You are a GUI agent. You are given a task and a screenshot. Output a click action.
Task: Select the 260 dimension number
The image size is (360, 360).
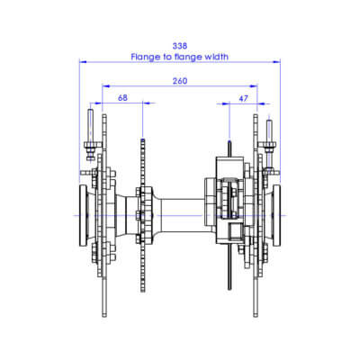[180, 81]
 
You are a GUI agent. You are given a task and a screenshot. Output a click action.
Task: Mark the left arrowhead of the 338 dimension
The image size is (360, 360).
[82, 62]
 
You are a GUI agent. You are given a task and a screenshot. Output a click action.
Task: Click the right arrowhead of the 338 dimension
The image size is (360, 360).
[279, 62]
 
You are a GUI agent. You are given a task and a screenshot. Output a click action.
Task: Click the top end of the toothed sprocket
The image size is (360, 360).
[142, 139]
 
